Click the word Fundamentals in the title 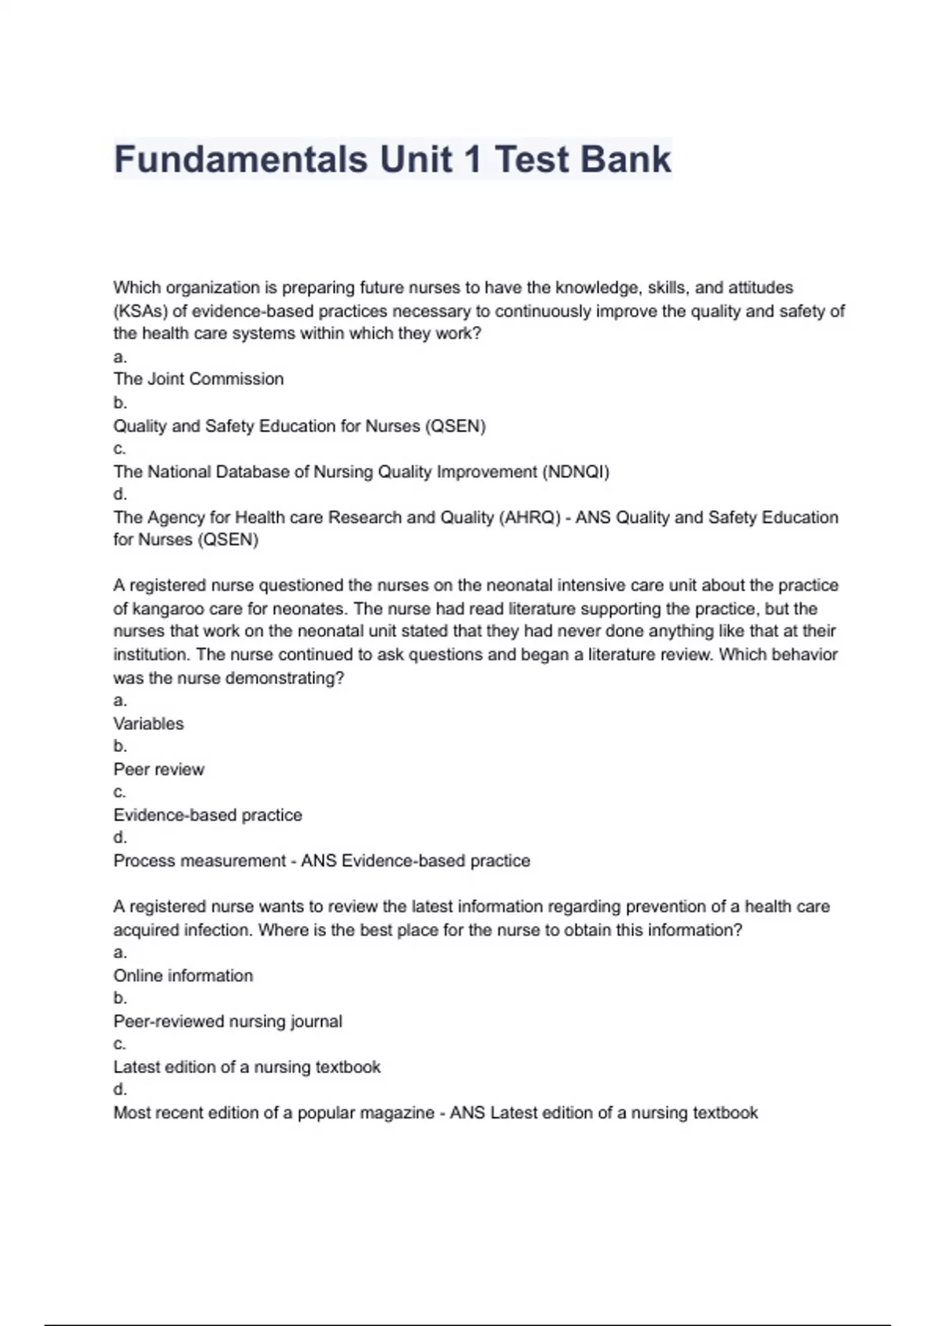point(240,160)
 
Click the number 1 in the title point(473,160)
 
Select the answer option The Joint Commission point(198,379)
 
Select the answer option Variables point(148,724)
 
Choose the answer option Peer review point(158,770)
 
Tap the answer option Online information point(183,976)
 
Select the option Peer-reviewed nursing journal point(227,1022)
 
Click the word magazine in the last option point(397,1113)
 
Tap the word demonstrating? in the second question point(284,679)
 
